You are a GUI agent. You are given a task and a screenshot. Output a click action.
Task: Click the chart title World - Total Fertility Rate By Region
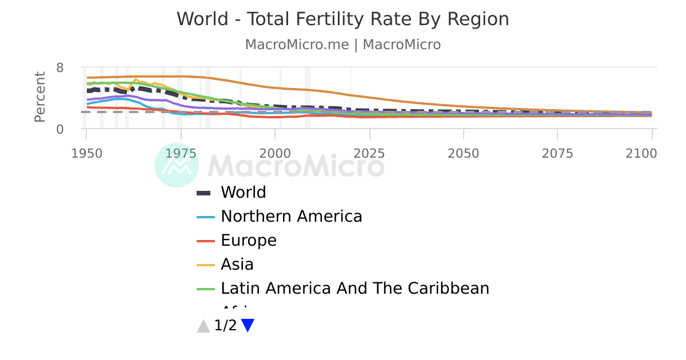[x=342, y=19]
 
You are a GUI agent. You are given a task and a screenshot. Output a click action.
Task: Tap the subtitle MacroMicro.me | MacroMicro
[x=342, y=45]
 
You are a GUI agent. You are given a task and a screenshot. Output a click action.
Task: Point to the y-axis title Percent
[x=39, y=97]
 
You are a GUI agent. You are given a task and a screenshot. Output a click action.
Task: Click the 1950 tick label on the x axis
[x=86, y=153]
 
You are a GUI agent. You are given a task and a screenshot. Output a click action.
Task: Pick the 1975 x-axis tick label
[x=181, y=153]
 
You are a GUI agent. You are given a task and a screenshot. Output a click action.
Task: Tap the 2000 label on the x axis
[x=275, y=153]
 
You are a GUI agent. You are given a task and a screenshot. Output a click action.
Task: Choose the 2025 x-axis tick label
[x=369, y=153]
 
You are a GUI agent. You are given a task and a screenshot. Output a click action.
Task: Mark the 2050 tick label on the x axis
[x=464, y=153]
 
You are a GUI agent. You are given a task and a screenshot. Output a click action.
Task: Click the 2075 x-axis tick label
[x=557, y=153]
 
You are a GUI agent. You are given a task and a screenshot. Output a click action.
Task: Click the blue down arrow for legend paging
[x=248, y=326]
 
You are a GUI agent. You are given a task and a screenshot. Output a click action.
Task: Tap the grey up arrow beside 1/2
[x=204, y=326]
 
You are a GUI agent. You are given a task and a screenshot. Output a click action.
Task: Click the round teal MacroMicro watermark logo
[x=177, y=165]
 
